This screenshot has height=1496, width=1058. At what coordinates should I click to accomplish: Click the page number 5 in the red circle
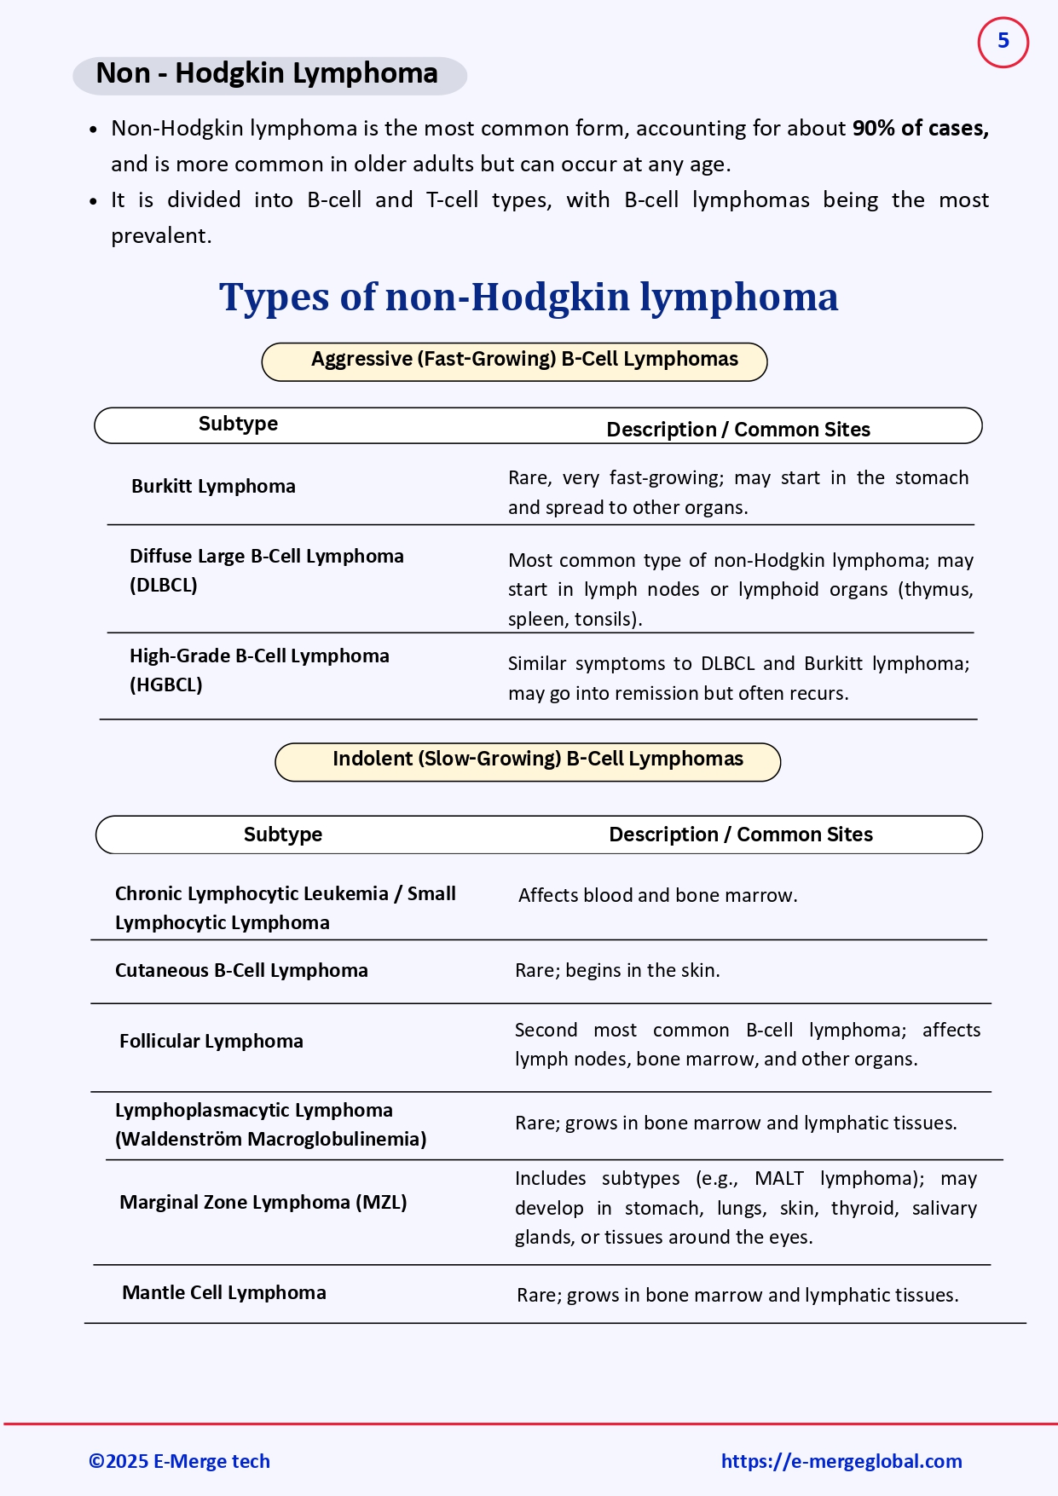point(1003,41)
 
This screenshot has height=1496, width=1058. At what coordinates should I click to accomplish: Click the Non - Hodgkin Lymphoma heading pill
point(269,74)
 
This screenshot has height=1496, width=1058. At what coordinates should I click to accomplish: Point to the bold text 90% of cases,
point(920,129)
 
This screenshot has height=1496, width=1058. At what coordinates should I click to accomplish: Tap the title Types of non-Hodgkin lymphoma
point(529,297)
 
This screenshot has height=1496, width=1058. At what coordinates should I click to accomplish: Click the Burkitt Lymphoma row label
point(213,487)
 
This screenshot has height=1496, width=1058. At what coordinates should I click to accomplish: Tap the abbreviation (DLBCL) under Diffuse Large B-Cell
point(164,586)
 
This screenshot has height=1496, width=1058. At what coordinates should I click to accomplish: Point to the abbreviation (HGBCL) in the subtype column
point(166,685)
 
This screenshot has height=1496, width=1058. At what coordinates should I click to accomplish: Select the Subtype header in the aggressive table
point(238,425)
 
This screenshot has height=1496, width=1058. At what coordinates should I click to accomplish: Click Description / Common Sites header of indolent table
point(740,835)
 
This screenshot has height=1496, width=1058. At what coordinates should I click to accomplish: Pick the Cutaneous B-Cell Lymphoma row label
point(241,971)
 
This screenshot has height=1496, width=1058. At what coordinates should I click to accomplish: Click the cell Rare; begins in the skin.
point(617,971)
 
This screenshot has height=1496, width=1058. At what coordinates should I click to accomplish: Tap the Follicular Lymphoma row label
point(211,1042)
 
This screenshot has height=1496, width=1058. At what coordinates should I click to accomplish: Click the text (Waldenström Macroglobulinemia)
point(270,1140)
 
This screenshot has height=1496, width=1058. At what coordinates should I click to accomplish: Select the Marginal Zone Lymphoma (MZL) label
point(263,1203)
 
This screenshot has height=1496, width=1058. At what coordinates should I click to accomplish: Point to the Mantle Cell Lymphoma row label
point(224,1293)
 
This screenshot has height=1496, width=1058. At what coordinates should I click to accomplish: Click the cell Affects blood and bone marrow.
point(657,896)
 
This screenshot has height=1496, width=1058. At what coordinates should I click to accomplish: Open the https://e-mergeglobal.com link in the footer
point(841,1461)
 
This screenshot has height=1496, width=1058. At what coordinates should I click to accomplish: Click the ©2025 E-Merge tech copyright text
point(180,1461)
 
